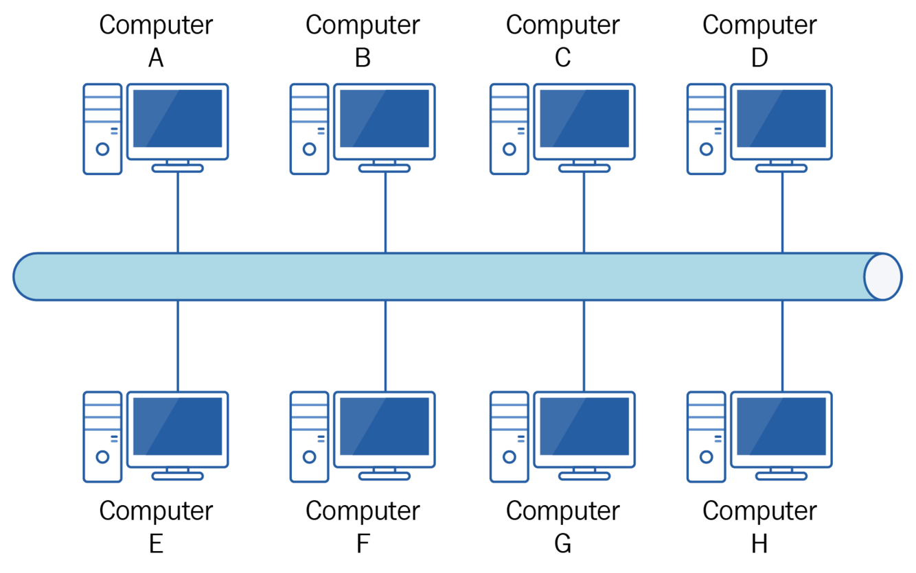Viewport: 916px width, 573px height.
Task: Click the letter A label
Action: pyautogui.click(x=156, y=58)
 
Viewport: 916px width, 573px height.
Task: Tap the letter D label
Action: pyautogui.click(x=759, y=58)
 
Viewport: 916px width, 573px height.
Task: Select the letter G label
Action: pyautogui.click(x=562, y=543)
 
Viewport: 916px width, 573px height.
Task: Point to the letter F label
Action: pyautogui.click(x=363, y=543)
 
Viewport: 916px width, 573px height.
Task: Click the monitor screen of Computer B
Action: pyautogui.click(x=385, y=118)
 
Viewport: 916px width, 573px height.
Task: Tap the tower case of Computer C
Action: pyautogui.click(x=509, y=129)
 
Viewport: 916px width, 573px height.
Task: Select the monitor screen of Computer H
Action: pyautogui.click(x=781, y=426)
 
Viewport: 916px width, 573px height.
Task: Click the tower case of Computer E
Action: pyautogui.click(x=102, y=437)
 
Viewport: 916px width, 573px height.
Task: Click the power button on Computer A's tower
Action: pyautogui.click(x=102, y=149)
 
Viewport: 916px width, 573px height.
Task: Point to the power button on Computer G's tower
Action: pyautogui.click(x=509, y=457)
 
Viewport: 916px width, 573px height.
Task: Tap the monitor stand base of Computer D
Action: pyautogui.click(x=781, y=168)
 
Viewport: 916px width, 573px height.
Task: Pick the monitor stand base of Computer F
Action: pyautogui.click(x=385, y=476)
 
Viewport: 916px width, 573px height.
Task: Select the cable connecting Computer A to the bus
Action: pyautogui.click(x=178, y=213)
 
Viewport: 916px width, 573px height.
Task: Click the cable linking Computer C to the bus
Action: pyautogui.click(x=584, y=213)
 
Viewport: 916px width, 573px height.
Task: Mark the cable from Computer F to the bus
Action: pyautogui.click(x=385, y=346)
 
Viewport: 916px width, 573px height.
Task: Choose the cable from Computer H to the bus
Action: pyautogui.click(x=782, y=346)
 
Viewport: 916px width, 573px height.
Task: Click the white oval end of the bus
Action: pyautogui.click(x=883, y=277)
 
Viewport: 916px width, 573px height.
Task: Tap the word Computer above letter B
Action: pyautogui.click(x=363, y=25)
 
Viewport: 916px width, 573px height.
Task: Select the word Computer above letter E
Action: pyautogui.click(x=156, y=511)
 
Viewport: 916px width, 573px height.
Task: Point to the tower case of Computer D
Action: pyautogui.click(x=706, y=129)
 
